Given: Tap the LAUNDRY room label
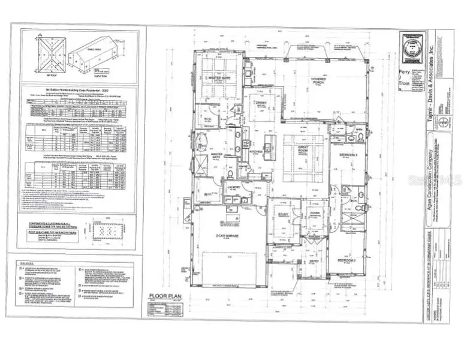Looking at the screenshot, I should [233, 186].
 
